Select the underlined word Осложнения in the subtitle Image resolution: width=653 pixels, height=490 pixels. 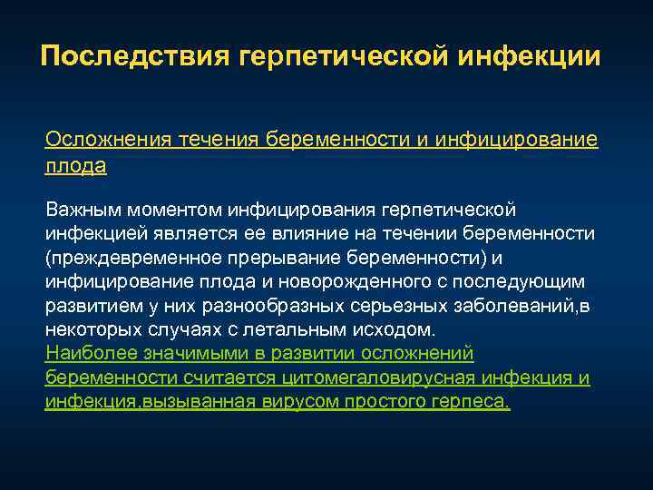(x=98, y=140)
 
